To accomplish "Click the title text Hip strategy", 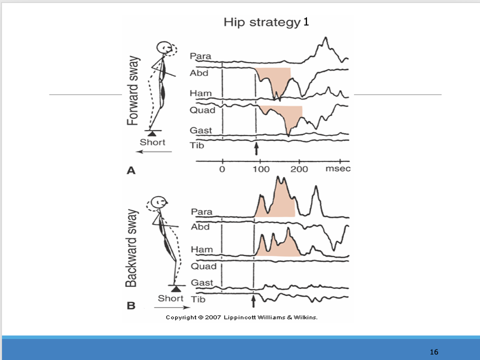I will [261, 22].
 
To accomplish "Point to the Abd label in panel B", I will [200, 226].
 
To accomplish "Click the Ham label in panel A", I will [200, 93].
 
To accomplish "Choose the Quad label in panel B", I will [203, 266].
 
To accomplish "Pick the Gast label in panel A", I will [200, 130].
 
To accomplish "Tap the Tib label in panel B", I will [198, 299].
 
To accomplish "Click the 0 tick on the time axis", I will [222, 169].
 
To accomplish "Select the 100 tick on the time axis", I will [259, 169].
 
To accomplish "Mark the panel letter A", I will [131, 170].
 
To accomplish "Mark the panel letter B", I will [131, 305].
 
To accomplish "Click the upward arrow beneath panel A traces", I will [256, 149].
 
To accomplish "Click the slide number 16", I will [433, 352].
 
